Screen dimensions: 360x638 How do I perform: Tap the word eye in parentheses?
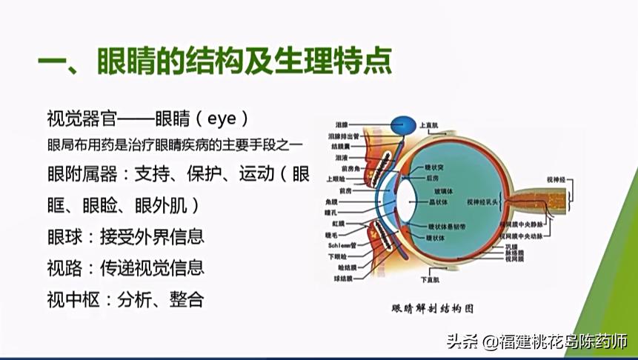pos(222,119)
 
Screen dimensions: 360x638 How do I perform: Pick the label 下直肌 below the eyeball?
pos(429,279)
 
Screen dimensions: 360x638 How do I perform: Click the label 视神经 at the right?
pos(556,179)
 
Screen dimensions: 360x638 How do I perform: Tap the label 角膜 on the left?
pos(331,201)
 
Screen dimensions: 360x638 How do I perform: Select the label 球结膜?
pos(342,279)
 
